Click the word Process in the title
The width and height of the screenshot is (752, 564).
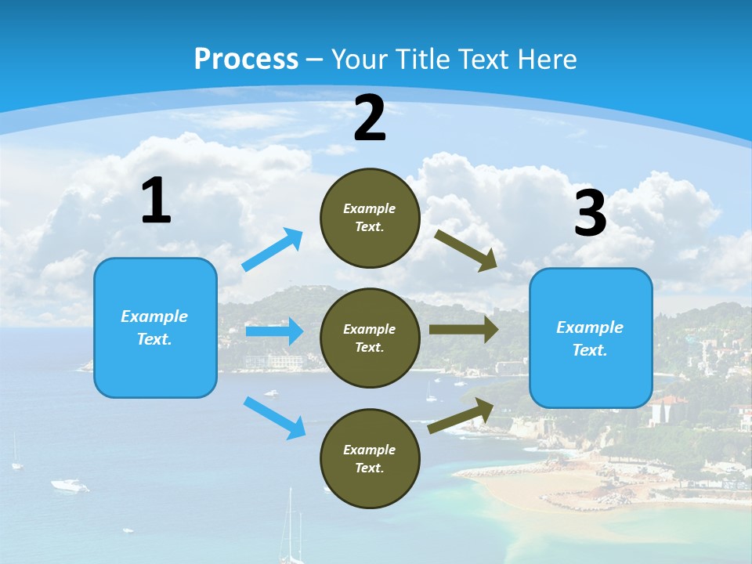click(246, 59)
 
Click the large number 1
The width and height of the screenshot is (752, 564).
click(156, 201)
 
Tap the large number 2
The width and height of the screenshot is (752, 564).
click(370, 118)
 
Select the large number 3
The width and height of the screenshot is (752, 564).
click(590, 214)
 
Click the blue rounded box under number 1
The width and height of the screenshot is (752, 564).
click(155, 327)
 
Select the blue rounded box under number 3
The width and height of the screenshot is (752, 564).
click(591, 338)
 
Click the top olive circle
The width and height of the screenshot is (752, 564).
click(370, 218)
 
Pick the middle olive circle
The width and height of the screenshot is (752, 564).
click(370, 338)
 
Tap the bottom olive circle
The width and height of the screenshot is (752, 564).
click(370, 458)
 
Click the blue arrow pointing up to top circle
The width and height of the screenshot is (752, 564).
click(273, 250)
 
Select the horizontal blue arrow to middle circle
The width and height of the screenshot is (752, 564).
click(274, 331)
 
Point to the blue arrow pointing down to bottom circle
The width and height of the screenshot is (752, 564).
click(274, 418)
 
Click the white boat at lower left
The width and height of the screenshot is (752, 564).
click(69, 486)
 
